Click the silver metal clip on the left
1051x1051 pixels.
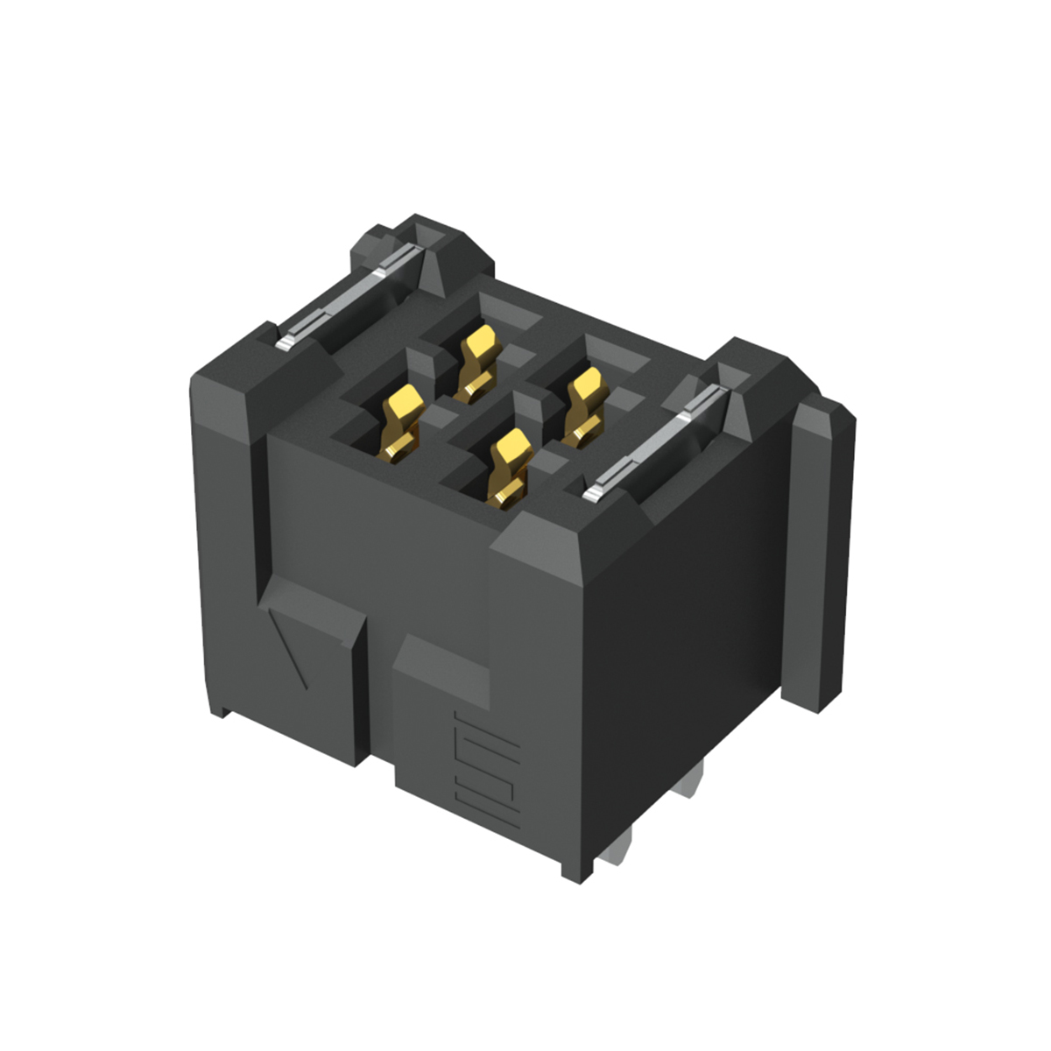pos(350,298)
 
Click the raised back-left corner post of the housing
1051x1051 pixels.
pos(385,245)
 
